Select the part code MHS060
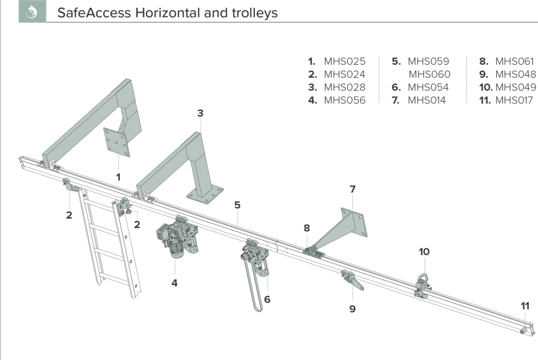pyautogui.click(x=429, y=75)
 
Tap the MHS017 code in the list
pyautogui.click(x=515, y=100)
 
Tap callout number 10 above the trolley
pyautogui.click(x=423, y=252)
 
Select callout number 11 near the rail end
pyautogui.click(x=524, y=305)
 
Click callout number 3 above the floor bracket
pyautogui.click(x=200, y=113)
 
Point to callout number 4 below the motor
pyautogui.click(x=174, y=283)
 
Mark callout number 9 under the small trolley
pyautogui.click(x=352, y=309)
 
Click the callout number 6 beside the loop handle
pyautogui.click(x=267, y=300)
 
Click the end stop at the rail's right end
pyautogui.click(x=523, y=330)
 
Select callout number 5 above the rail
pyautogui.click(x=237, y=205)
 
